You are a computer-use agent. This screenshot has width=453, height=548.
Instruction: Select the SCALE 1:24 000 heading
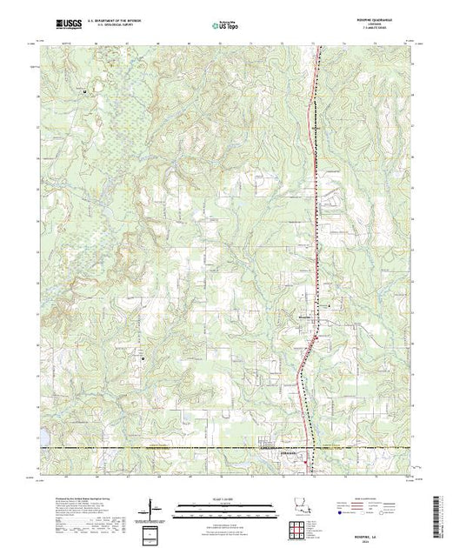point(225,497)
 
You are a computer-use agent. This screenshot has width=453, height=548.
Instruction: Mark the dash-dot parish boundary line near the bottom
point(174,449)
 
